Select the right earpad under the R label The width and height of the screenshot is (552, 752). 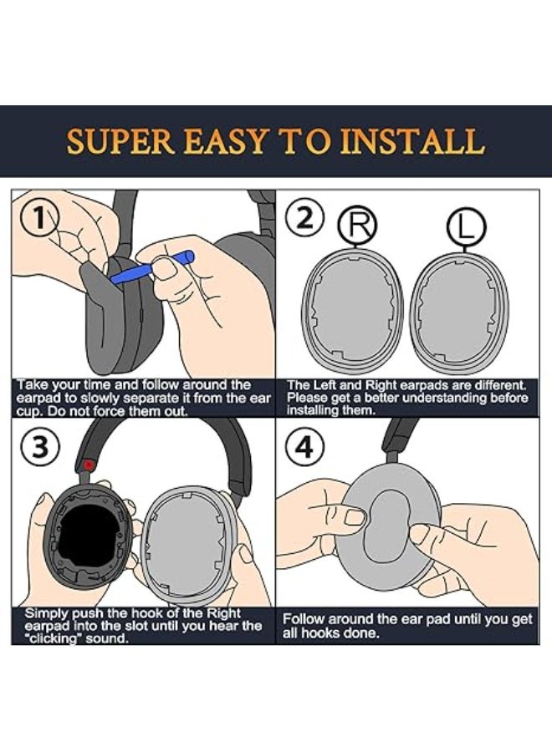click(357, 312)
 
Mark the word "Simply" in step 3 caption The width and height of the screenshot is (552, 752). click(46, 613)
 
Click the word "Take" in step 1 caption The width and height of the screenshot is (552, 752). click(34, 385)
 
